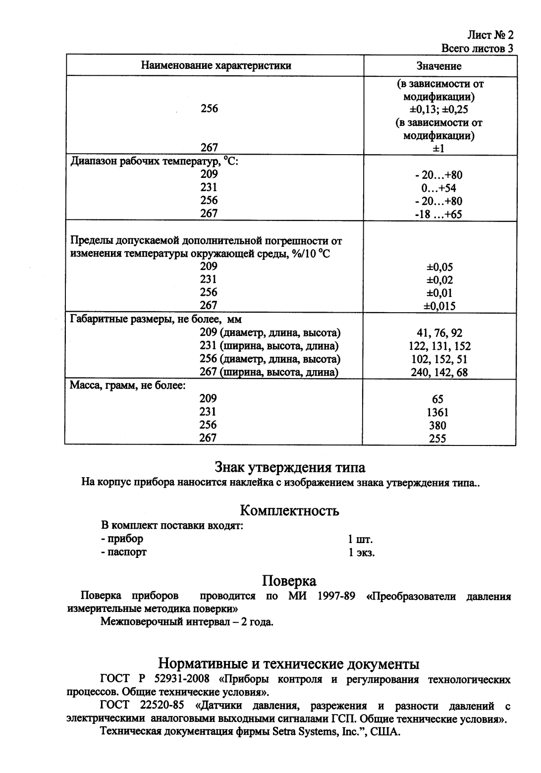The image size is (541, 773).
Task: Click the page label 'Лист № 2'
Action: (490, 35)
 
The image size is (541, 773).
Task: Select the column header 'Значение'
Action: (438, 66)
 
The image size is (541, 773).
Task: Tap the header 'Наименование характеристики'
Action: (216, 65)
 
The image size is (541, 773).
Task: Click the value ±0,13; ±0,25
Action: (439, 109)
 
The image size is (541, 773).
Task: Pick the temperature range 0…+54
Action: (438, 188)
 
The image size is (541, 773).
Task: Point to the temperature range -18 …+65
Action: (438, 214)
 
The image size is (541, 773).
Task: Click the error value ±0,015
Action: (439, 306)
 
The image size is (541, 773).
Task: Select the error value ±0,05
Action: (439, 267)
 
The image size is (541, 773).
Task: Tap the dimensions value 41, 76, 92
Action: (439, 333)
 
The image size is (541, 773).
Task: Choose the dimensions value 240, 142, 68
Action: (439, 372)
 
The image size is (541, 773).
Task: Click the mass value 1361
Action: (438, 412)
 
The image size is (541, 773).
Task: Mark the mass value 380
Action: (438, 425)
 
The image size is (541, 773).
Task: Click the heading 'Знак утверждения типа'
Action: (290, 467)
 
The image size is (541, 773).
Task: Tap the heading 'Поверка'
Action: (289, 580)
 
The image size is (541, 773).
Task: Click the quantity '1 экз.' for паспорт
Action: (361, 552)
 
